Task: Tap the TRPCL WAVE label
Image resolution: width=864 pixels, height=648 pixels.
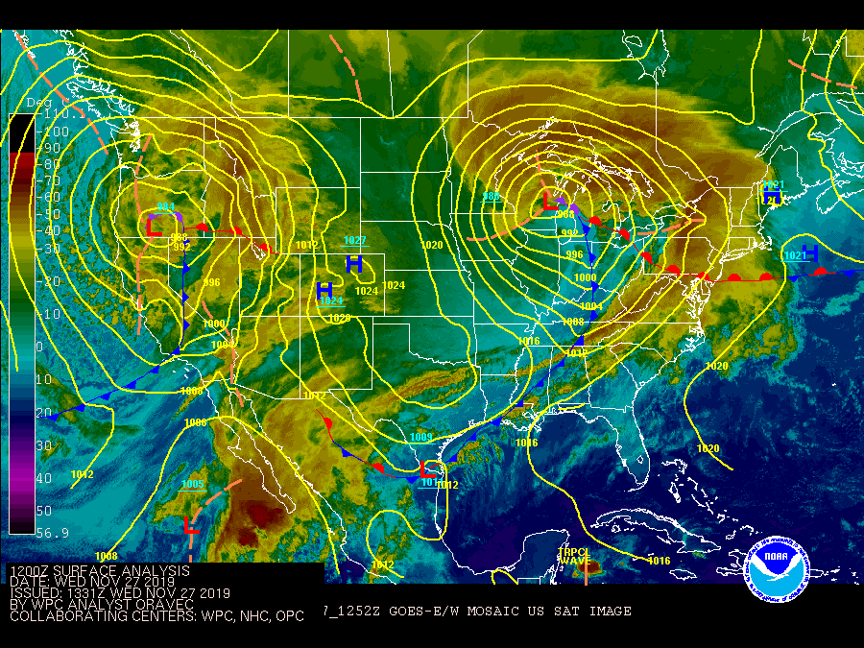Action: [575, 556]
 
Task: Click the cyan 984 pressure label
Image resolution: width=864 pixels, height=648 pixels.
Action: [166, 206]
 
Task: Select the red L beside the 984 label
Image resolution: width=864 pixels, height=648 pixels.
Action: [154, 227]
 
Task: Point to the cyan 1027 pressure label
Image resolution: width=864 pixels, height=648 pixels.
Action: [354, 241]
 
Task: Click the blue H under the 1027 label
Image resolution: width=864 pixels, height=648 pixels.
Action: [354, 263]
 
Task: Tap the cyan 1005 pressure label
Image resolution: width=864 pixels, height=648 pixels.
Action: [193, 485]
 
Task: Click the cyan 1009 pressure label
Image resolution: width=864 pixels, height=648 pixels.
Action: [420, 438]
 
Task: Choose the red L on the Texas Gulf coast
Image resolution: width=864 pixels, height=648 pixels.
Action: [428, 469]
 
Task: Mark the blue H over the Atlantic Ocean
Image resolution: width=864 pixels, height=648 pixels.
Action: [809, 253]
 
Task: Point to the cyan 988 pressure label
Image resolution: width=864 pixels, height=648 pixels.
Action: [492, 197]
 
